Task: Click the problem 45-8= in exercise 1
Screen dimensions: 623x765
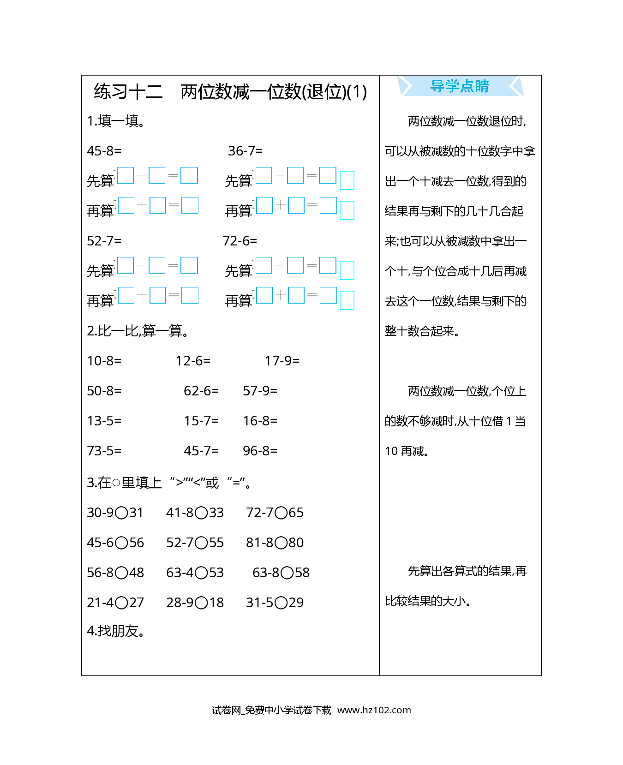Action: (104, 151)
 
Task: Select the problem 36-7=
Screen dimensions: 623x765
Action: (245, 151)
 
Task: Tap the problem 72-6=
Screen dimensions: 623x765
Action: (240, 241)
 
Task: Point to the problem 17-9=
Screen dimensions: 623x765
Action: (282, 361)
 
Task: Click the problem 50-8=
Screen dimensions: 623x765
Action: (104, 391)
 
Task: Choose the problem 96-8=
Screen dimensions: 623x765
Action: (260, 451)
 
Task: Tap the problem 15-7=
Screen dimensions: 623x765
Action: (201, 421)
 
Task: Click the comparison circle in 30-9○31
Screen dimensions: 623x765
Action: (121, 513)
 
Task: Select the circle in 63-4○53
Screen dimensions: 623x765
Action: (201, 573)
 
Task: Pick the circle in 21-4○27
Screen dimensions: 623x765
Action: (121, 603)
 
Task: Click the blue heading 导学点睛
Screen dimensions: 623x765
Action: (460, 86)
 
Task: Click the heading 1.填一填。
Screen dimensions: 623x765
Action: (116, 121)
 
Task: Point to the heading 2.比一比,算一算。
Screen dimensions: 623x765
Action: (138, 331)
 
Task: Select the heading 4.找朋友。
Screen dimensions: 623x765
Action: (116, 631)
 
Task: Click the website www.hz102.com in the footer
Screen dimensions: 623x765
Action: (374, 710)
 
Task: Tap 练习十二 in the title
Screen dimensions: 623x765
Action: (128, 92)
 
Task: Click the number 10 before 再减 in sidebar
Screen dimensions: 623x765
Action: (391, 451)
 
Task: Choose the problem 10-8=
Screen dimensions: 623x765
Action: (104, 361)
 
